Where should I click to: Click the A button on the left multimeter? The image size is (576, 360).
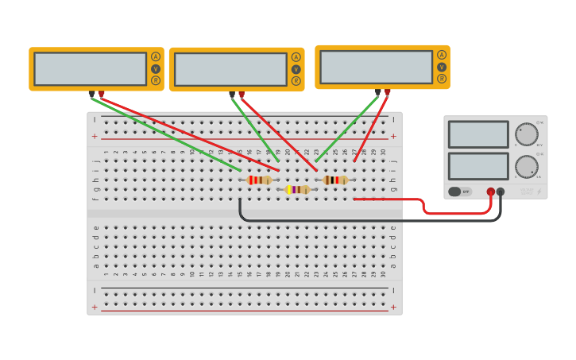[156, 56]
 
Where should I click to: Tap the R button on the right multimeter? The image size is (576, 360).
[442, 79]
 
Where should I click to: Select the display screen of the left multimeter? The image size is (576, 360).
[90, 68]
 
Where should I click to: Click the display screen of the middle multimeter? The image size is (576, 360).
[230, 69]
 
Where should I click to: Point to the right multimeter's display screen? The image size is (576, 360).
[377, 67]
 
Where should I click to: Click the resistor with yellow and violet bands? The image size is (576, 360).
[298, 189]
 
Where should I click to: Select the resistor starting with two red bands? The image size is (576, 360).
[259, 180]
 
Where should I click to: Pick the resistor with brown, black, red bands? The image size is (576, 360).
[335, 180]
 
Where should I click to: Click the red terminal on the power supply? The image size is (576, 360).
[491, 192]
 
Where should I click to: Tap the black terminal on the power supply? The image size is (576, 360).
[501, 192]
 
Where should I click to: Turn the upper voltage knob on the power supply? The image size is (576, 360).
[526, 134]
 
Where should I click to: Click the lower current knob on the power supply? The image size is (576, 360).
[526, 167]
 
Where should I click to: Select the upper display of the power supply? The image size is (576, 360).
[478, 134]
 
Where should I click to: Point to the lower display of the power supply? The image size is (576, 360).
[478, 166]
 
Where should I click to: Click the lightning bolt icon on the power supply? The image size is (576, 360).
[539, 192]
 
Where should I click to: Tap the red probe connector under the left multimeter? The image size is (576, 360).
[101, 94]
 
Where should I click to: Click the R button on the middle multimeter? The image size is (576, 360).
[296, 81]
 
